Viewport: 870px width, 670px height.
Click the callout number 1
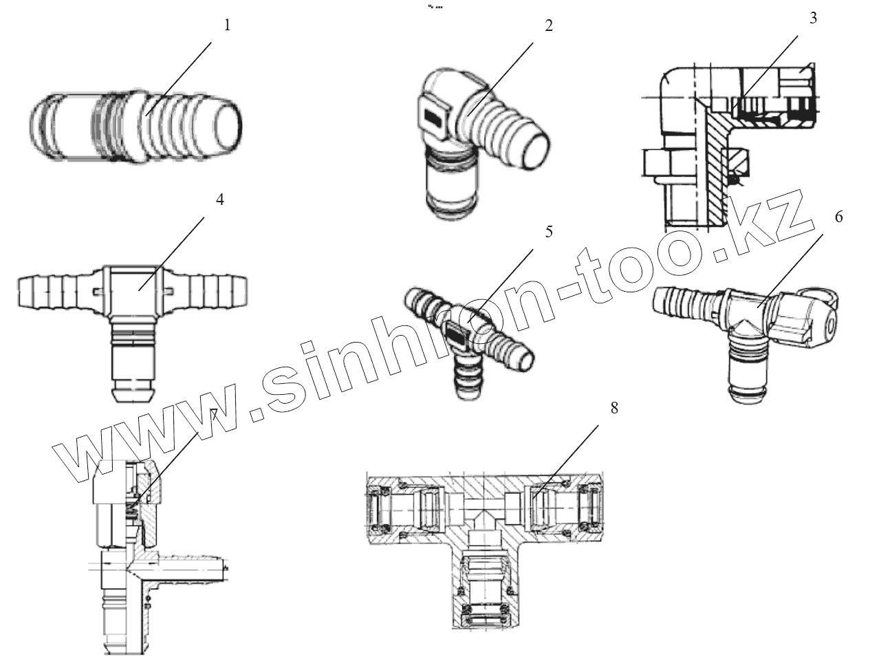227,25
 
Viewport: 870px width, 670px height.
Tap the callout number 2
548,26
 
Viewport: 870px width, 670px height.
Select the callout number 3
813,18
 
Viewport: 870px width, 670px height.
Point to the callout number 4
219,199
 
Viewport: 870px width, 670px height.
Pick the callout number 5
548,232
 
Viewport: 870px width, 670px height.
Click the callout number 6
838,217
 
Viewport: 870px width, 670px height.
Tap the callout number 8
613,407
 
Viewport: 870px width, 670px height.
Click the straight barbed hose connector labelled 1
138,128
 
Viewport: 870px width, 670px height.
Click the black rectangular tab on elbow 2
433,118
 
